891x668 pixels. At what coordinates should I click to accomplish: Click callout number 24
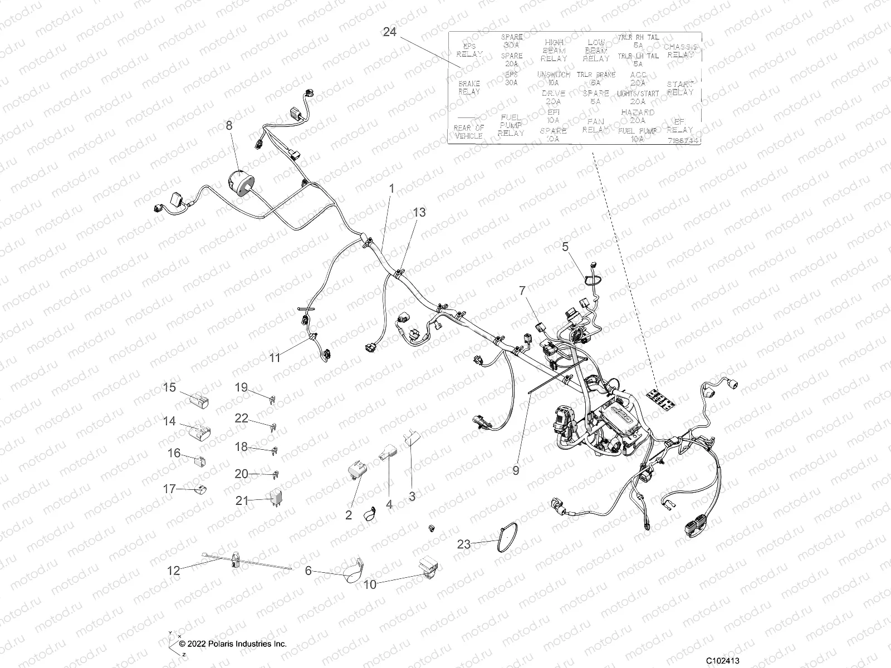click(x=389, y=32)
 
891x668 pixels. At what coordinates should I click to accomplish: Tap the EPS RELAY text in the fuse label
click(x=469, y=51)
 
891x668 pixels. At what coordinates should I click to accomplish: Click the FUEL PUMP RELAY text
click(x=511, y=125)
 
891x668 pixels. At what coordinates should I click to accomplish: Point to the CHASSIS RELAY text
click(x=680, y=51)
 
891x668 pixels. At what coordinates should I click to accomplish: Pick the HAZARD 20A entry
click(x=638, y=116)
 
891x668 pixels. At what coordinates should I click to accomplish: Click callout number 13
click(x=419, y=212)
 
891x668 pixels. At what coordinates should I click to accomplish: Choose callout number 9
click(x=516, y=470)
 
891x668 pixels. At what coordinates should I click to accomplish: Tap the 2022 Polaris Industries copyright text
click(x=233, y=644)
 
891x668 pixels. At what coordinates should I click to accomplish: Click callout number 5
click(x=565, y=245)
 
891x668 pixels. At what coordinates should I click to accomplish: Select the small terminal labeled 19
click(x=271, y=399)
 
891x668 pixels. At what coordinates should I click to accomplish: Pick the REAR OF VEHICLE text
click(x=469, y=131)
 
